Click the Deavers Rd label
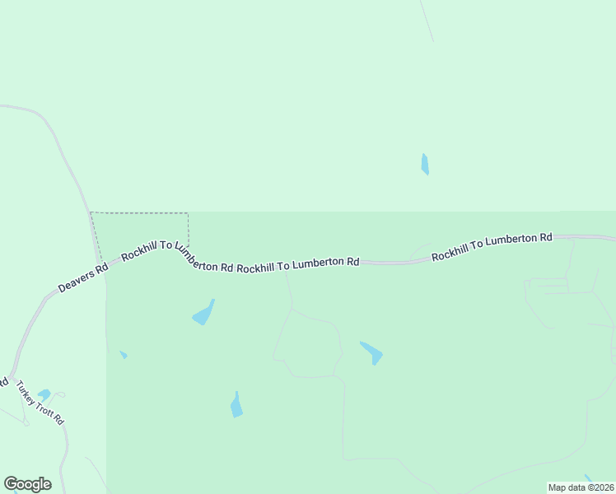click(x=83, y=278)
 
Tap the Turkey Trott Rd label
click(x=40, y=403)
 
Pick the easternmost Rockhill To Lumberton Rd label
click(x=492, y=246)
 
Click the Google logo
click(x=27, y=484)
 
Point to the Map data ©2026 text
click(x=581, y=487)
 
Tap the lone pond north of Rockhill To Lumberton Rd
click(x=425, y=164)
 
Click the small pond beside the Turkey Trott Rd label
click(x=44, y=394)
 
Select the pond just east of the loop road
click(x=371, y=352)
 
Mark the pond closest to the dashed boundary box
click(x=203, y=313)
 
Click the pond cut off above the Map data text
click(x=588, y=478)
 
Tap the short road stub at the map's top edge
click(x=427, y=21)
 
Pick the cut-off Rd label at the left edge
click(x=3, y=383)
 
